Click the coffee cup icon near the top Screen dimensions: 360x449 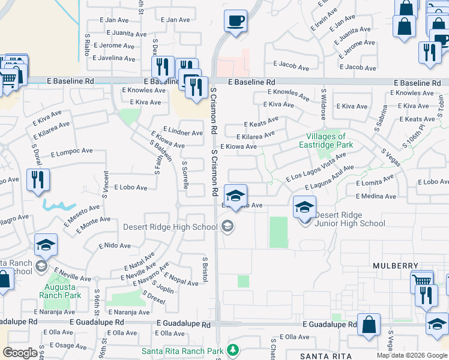[x=235, y=22]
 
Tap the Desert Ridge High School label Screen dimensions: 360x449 [x=171, y=226]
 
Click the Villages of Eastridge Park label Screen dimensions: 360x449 [x=326, y=140]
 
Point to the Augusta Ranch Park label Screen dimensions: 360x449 [x=60, y=291]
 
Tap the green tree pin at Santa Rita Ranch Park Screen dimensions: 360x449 [x=232, y=350]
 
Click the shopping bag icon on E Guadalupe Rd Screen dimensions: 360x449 [x=369, y=324]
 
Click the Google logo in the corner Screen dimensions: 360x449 [x=20, y=353]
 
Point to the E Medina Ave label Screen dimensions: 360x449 [x=376, y=196]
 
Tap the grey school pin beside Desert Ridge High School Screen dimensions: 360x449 [x=227, y=226]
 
